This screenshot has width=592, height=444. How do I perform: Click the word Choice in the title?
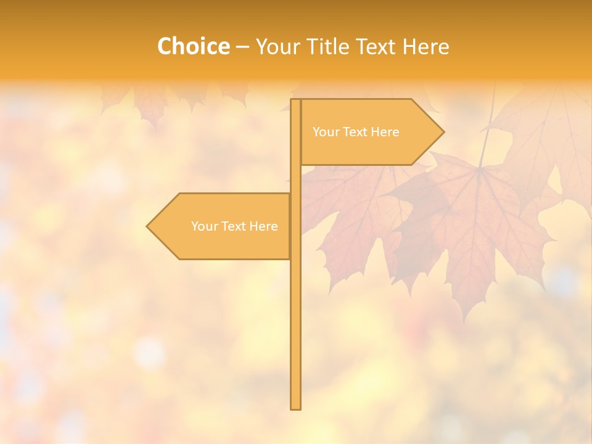coord(193,47)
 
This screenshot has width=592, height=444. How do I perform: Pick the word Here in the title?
coord(427,47)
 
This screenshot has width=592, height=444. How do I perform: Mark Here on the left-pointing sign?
coord(263,226)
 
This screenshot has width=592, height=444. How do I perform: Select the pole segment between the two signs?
coord(296,179)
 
